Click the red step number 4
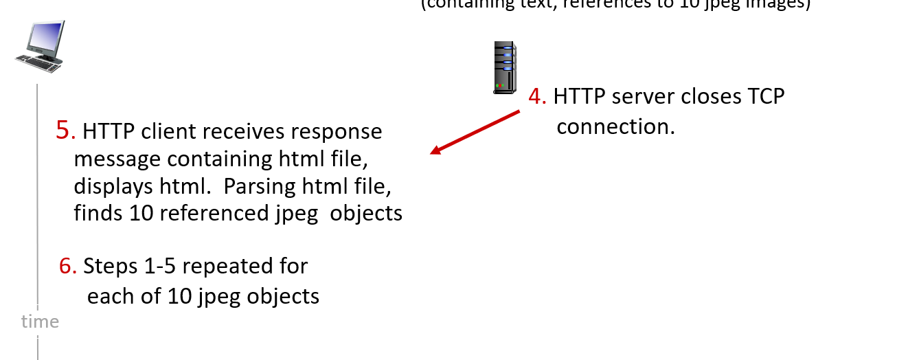click(536, 97)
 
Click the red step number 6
click(67, 266)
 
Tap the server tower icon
click(503, 67)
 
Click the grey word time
click(40, 322)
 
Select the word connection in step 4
click(615, 127)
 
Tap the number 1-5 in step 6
click(175, 266)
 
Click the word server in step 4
click(644, 97)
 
